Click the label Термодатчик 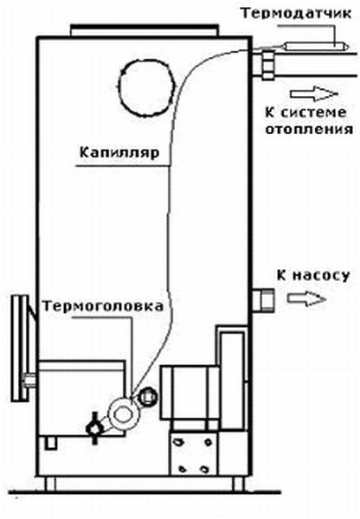tap(296, 14)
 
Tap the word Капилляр tap(119, 153)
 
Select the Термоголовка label tap(103, 306)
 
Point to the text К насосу tap(313, 275)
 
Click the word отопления tap(309, 129)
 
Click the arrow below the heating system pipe tap(313, 93)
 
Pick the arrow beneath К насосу tap(306, 298)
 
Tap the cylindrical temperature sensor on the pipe tap(316, 46)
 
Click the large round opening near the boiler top tap(145, 87)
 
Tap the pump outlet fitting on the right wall tap(263, 300)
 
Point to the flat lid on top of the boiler tap(145, 30)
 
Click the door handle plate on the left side tap(20, 349)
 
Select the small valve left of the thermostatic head tap(94, 427)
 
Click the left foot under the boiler tap(50, 484)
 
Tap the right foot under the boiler tap(238, 484)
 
